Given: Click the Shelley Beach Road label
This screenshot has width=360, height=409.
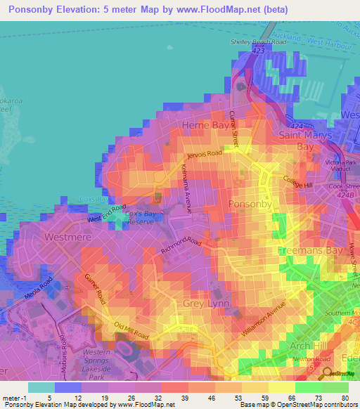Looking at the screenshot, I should pyautogui.click(x=259, y=42).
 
